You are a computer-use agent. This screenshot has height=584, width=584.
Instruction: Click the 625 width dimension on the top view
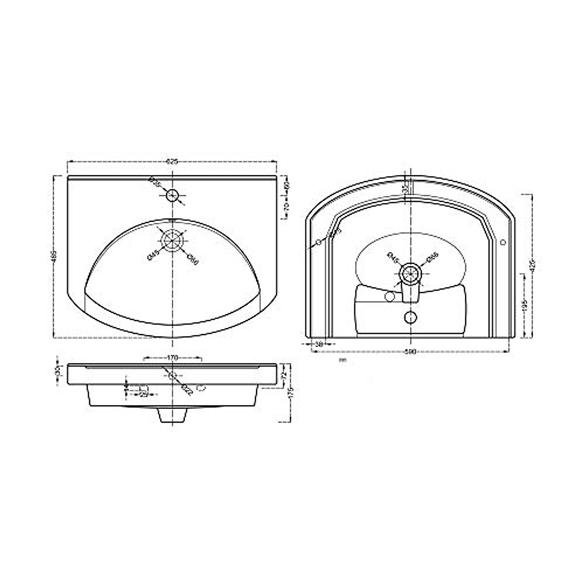pyautogui.click(x=171, y=161)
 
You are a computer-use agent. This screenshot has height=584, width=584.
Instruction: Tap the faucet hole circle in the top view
pyautogui.click(x=172, y=196)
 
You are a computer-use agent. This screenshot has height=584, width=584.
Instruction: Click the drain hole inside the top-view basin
pyautogui.click(x=172, y=240)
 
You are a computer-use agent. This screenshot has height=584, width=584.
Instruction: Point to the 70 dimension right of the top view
pyautogui.click(x=287, y=206)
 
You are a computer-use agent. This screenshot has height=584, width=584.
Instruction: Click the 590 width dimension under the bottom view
pyautogui.click(x=410, y=351)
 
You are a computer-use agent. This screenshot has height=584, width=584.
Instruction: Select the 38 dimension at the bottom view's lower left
pyautogui.click(x=319, y=344)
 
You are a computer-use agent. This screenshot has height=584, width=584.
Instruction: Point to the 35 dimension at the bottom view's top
pyautogui.click(x=405, y=189)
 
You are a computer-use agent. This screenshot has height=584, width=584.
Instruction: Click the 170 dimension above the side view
pyautogui.click(x=172, y=358)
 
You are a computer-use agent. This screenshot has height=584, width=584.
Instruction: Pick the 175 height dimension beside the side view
pyautogui.click(x=291, y=392)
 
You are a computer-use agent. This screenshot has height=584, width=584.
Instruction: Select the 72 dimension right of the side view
pyautogui.click(x=282, y=374)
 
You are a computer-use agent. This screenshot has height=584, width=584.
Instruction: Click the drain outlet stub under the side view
pyautogui.click(x=172, y=417)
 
